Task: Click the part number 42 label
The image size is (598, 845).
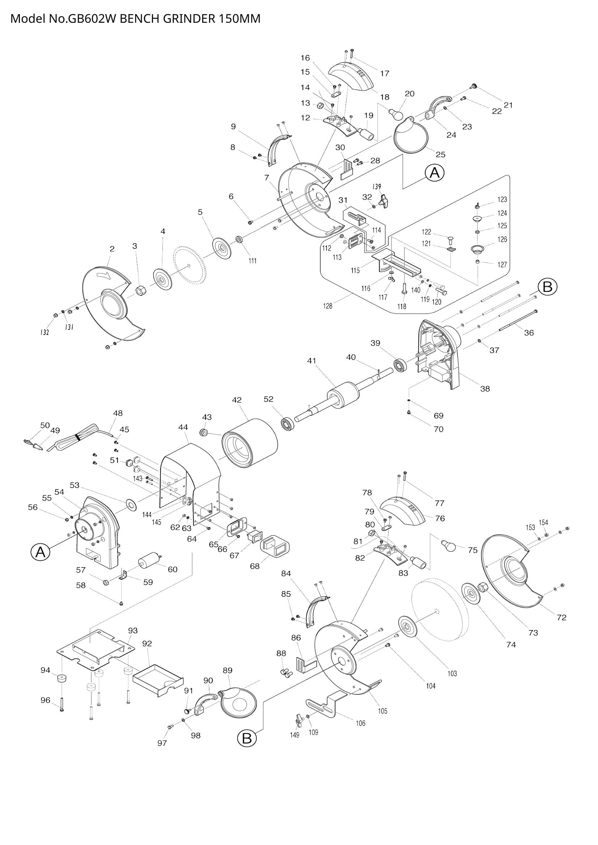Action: [x=237, y=400]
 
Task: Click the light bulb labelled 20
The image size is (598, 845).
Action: [x=396, y=115]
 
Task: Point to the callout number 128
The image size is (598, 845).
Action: [x=327, y=306]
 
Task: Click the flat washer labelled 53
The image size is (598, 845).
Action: [x=131, y=504]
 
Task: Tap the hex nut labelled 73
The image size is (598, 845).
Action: [x=483, y=587]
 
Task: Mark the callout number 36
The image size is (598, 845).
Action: [x=529, y=332]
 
